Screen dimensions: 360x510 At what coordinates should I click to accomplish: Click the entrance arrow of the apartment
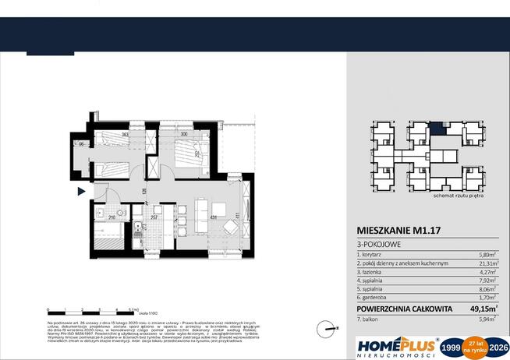(x=89, y=192)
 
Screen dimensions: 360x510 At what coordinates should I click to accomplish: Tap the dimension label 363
(x=124, y=135)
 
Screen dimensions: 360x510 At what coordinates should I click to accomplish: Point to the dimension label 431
(x=212, y=217)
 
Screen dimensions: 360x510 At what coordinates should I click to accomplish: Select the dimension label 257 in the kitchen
(x=154, y=217)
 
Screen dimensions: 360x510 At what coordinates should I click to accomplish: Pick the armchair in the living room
(x=232, y=227)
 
